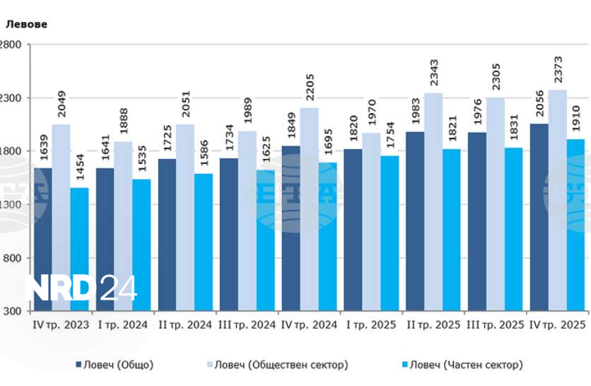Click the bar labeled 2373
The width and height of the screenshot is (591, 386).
point(557,200)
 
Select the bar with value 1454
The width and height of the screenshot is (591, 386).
point(79,249)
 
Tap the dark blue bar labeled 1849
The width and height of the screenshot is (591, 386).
point(291,228)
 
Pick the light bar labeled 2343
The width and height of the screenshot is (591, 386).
point(433,201)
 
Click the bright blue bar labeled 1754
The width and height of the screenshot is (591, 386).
point(390,233)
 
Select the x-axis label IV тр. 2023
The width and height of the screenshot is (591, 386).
point(61,324)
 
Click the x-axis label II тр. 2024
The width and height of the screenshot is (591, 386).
point(184,324)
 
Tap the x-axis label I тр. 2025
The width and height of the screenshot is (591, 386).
point(371,324)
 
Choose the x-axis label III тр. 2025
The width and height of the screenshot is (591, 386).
point(495,324)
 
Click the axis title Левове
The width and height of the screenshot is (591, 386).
point(27,24)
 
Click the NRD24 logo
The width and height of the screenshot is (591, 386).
point(81,288)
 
